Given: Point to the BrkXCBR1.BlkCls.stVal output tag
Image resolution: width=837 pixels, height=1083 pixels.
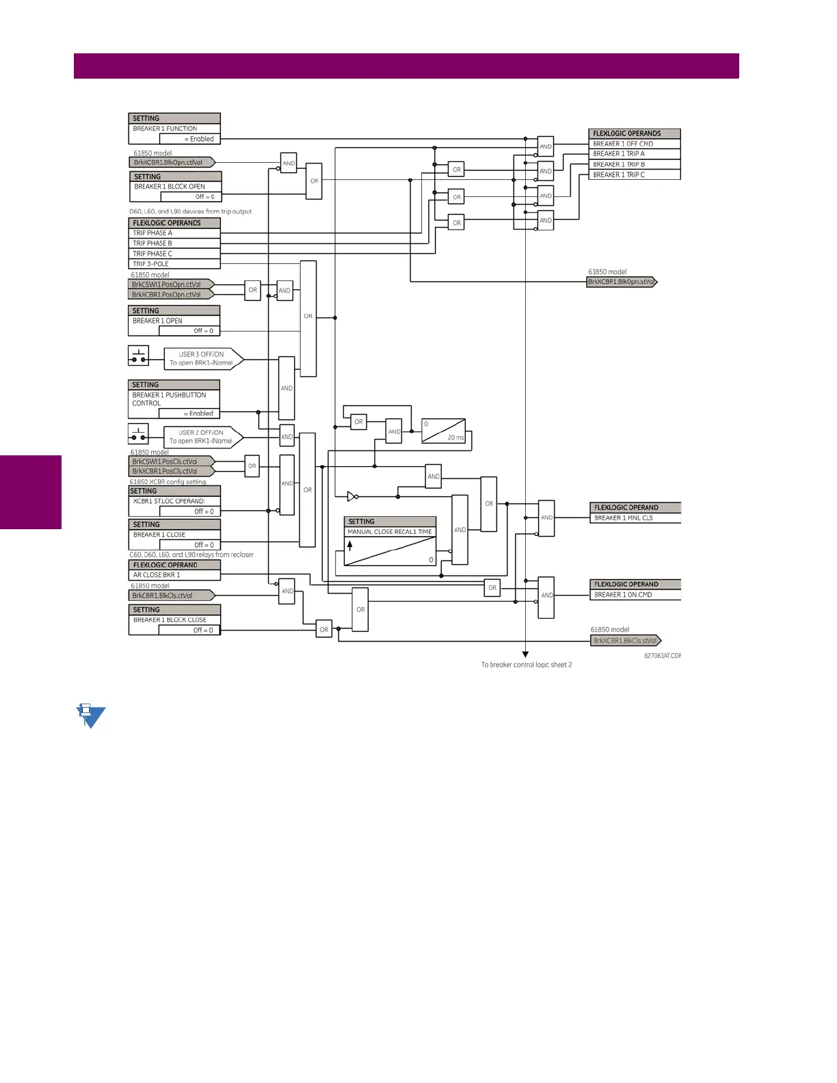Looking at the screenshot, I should click(625, 641).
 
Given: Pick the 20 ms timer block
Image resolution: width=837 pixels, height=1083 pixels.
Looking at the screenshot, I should click(443, 431).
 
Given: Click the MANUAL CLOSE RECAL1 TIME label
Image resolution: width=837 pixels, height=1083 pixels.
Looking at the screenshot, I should click(390, 532).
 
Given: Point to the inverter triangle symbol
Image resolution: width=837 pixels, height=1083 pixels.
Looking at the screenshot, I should click(351, 496).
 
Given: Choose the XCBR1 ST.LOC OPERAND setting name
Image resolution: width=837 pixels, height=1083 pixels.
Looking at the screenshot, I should click(169, 501).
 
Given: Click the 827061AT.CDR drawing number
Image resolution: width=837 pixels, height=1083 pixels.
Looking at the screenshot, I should click(662, 656).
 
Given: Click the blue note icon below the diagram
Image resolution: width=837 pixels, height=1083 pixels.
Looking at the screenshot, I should click(91, 715).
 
